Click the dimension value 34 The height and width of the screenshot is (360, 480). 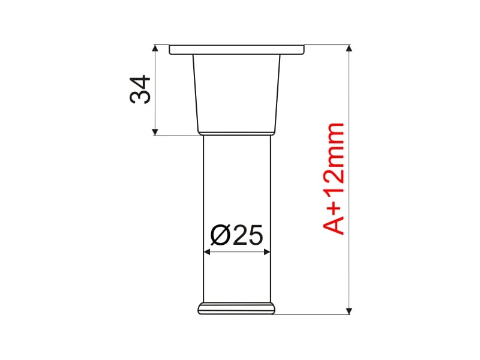tap(140, 89)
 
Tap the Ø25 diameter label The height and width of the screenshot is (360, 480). tap(236, 235)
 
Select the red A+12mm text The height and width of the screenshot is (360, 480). tap(334, 179)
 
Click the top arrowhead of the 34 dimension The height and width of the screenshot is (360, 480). tap(155, 48)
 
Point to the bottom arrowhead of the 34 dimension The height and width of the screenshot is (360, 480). tap(155, 132)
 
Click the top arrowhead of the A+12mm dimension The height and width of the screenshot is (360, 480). tap(349, 48)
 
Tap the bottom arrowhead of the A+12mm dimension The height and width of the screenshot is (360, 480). tap(349, 311)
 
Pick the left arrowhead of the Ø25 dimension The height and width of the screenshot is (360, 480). tap(207, 252)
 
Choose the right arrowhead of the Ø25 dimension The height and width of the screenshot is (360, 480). tap(267, 252)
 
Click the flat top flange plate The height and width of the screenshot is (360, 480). tap(237, 50)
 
